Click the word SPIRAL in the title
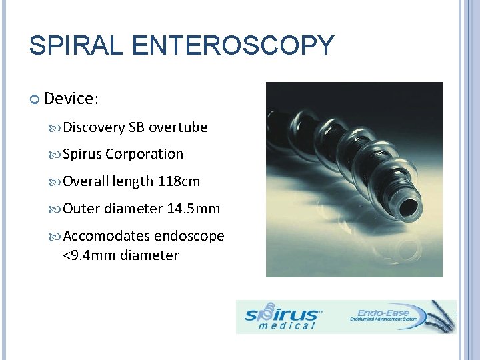click(76, 46)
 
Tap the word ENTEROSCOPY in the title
click(233, 46)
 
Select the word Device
click(69, 99)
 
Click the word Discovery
click(93, 127)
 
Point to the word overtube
click(178, 127)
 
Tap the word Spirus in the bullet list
click(81, 154)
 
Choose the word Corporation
click(144, 154)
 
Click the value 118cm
click(179, 181)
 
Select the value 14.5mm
click(193, 209)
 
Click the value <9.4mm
click(90, 255)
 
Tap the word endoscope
click(189, 237)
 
